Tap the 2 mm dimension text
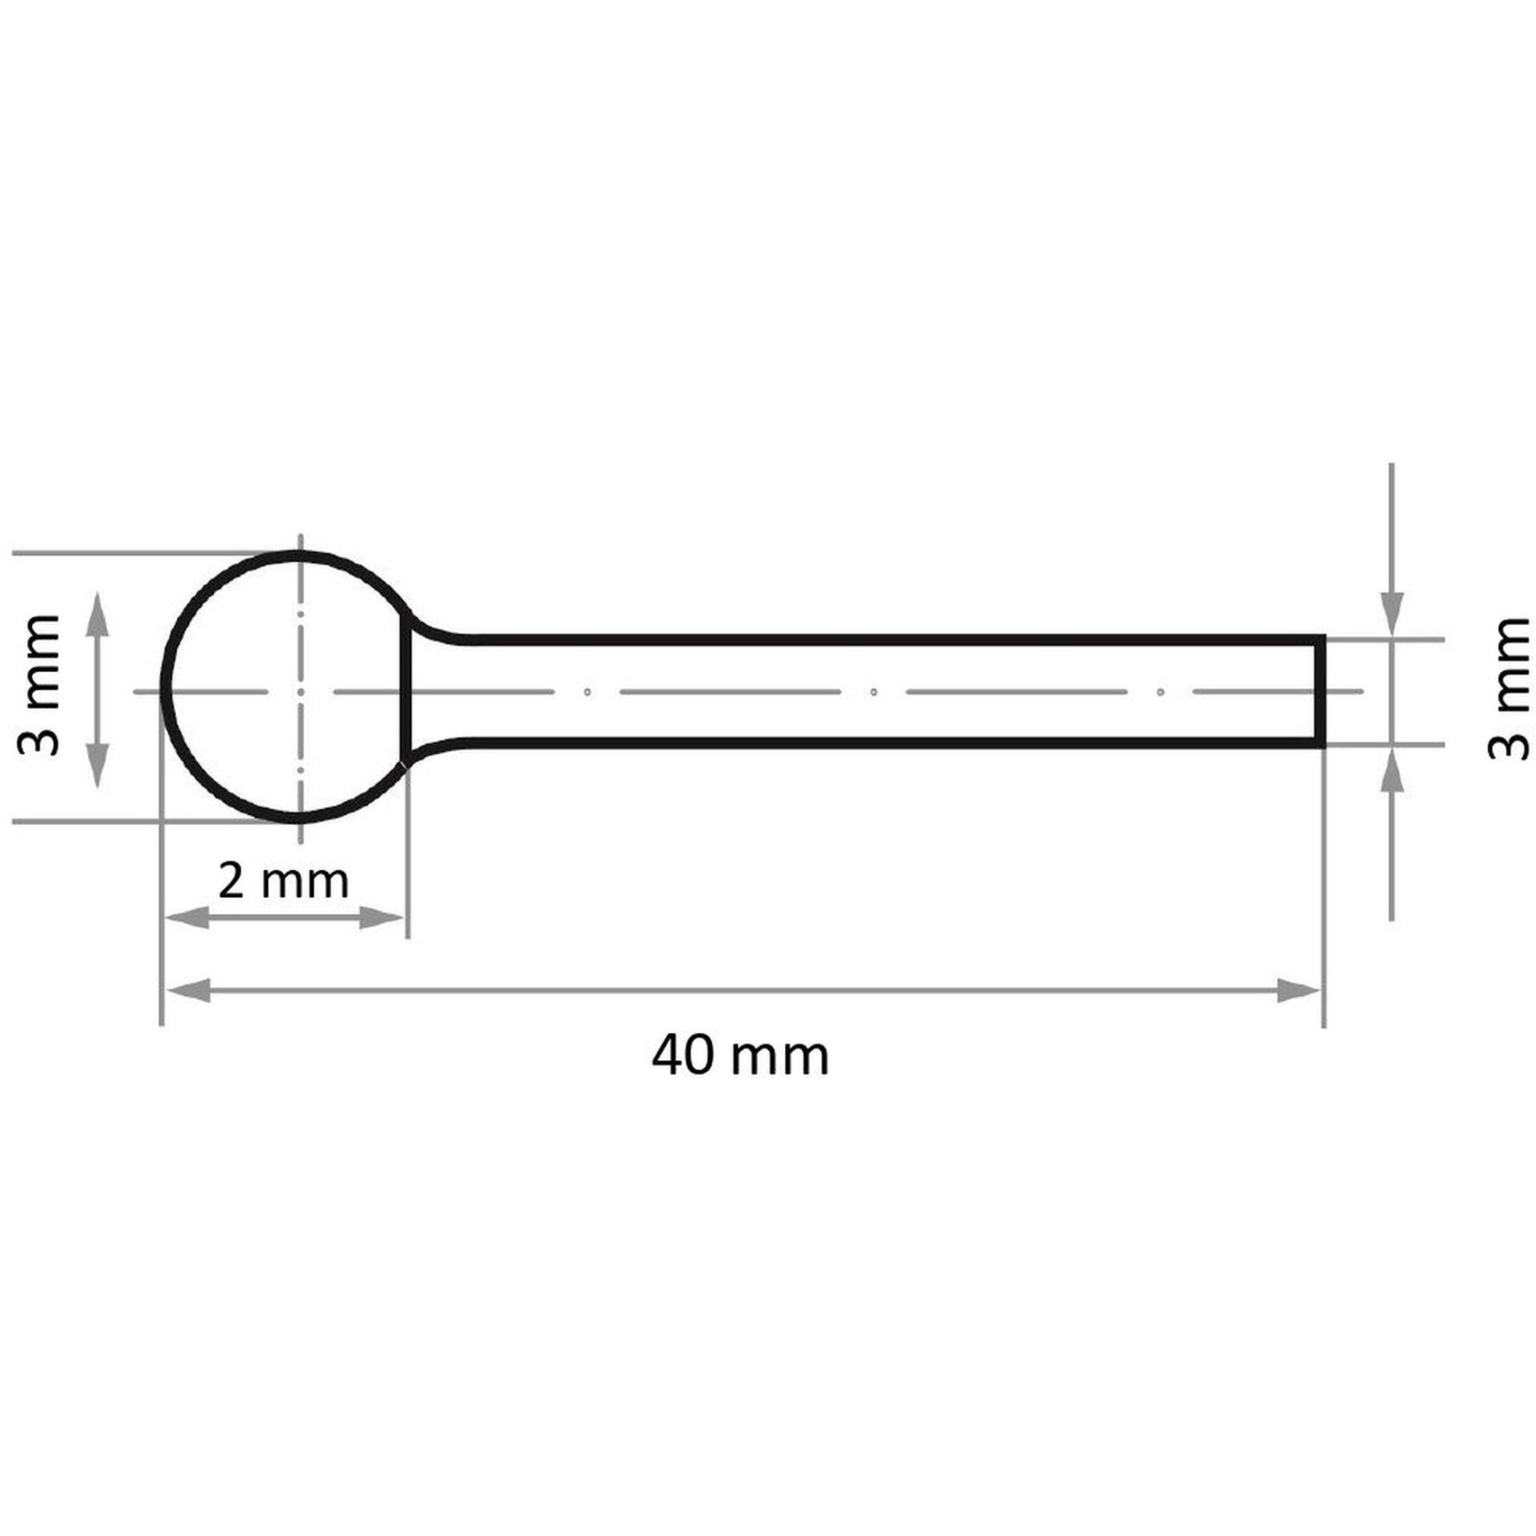coord(284,881)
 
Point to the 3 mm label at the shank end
coord(1508,687)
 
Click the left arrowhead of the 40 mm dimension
coord(189,991)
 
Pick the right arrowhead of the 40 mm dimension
coord(1298,991)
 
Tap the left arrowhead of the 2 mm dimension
coord(187,919)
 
